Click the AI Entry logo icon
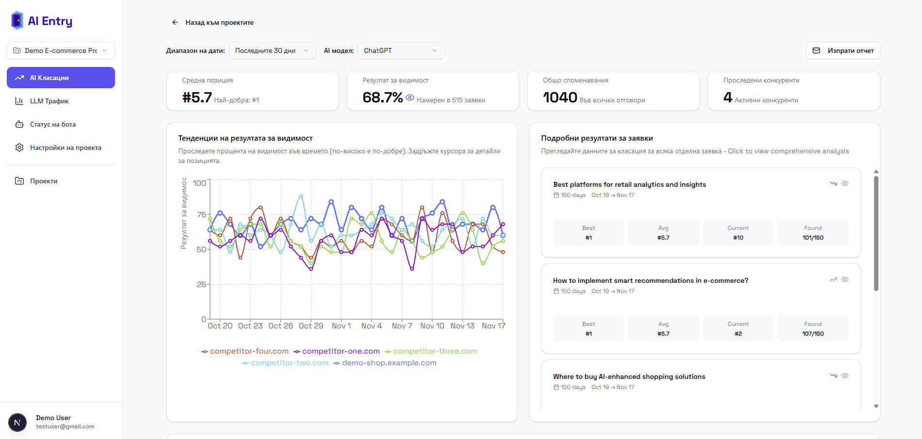coord(17,20)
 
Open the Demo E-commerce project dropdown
coord(61,50)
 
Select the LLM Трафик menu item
coord(49,101)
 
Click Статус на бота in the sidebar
coord(52,124)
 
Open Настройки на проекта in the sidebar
coord(65,147)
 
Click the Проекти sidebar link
coord(44,181)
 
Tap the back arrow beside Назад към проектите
coord(175,22)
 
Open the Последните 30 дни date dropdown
coord(272,50)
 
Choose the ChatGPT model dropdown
coord(401,50)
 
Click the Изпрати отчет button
coord(843,50)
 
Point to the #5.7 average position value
coord(197,98)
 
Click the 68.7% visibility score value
coord(382,98)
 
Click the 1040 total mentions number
coord(560,98)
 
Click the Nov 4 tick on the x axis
coord(372,326)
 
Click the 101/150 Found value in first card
coord(813,238)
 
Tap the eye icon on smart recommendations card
coord(845,279)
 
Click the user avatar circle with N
coord(17,423)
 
